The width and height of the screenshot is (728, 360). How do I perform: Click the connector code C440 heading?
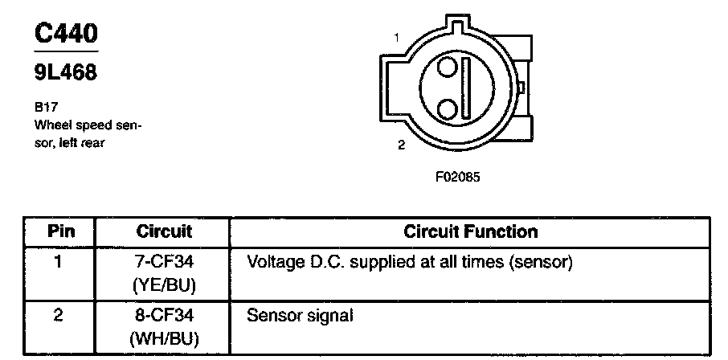click(x=67, y=34)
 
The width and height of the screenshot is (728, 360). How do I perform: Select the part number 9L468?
click(x=65, y=73)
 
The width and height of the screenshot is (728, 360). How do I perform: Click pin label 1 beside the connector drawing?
click(x=397, y=37)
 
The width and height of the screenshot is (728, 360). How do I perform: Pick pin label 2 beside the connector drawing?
click(x=402, y=145)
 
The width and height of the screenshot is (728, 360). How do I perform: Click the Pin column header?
click(x=60, y=232)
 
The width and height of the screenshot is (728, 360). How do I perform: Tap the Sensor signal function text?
click(x=300, y=316)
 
